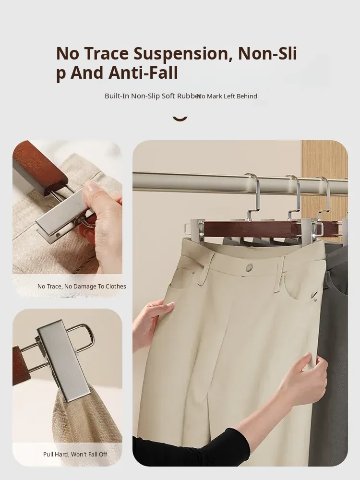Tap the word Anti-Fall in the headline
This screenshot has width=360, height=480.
tap(143, 72)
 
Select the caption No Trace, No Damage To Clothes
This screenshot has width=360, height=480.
tap(82, 286)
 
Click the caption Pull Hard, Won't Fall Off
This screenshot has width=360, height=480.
tap(75, 454)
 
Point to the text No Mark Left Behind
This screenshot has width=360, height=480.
tap(227, 96)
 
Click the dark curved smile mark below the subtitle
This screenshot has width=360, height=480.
tap(180, 118)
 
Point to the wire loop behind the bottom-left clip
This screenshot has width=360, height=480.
tap(82, 337)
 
